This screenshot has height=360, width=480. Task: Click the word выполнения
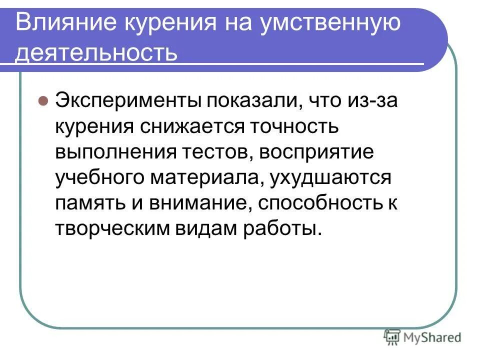point(113,152)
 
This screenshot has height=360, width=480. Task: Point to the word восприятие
point(316,152)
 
